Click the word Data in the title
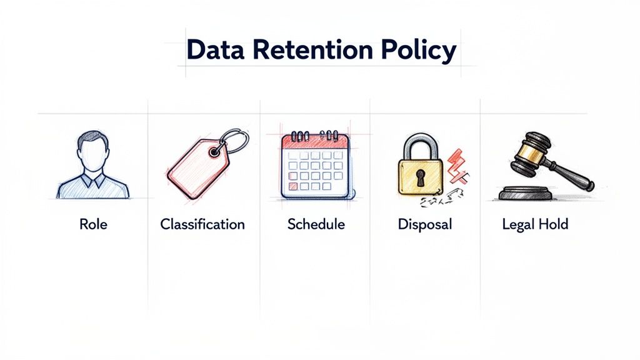click(x=214, y=51)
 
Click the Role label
click(x=93, y=224)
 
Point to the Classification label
click(x=202, y=224)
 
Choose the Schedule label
click(x=316, y=224)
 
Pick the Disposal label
click(x=424, y=224)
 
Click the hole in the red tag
click(x=216, y=151)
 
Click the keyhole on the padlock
click(x=420, y=177)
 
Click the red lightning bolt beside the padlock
click(x=459, y=164)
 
